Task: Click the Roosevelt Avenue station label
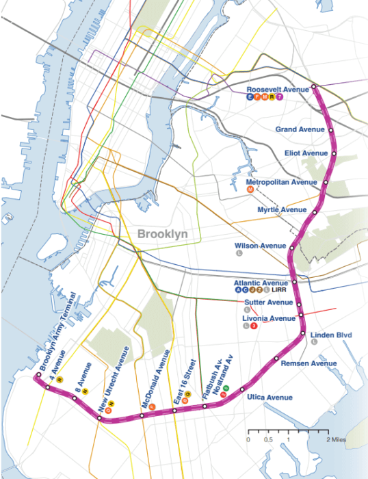pyautogui.click(x=278, y=90)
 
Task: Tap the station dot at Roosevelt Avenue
pyautogui.click(x=314, y=87)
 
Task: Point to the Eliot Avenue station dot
pyautogui.click(x=333, y=154)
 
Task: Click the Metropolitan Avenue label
pyautogui.click(x=281, y=182)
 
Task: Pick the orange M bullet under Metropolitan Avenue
pyautogui.click(x=251, y=190)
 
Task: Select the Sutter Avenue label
pyautogui.click(x=269, y=302)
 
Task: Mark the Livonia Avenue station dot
pyautogui.click(x=300, y=315)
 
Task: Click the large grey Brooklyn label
pyautogui.click(x=163, y=233)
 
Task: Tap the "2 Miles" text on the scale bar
pyautogui.click(x=337, y=439)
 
